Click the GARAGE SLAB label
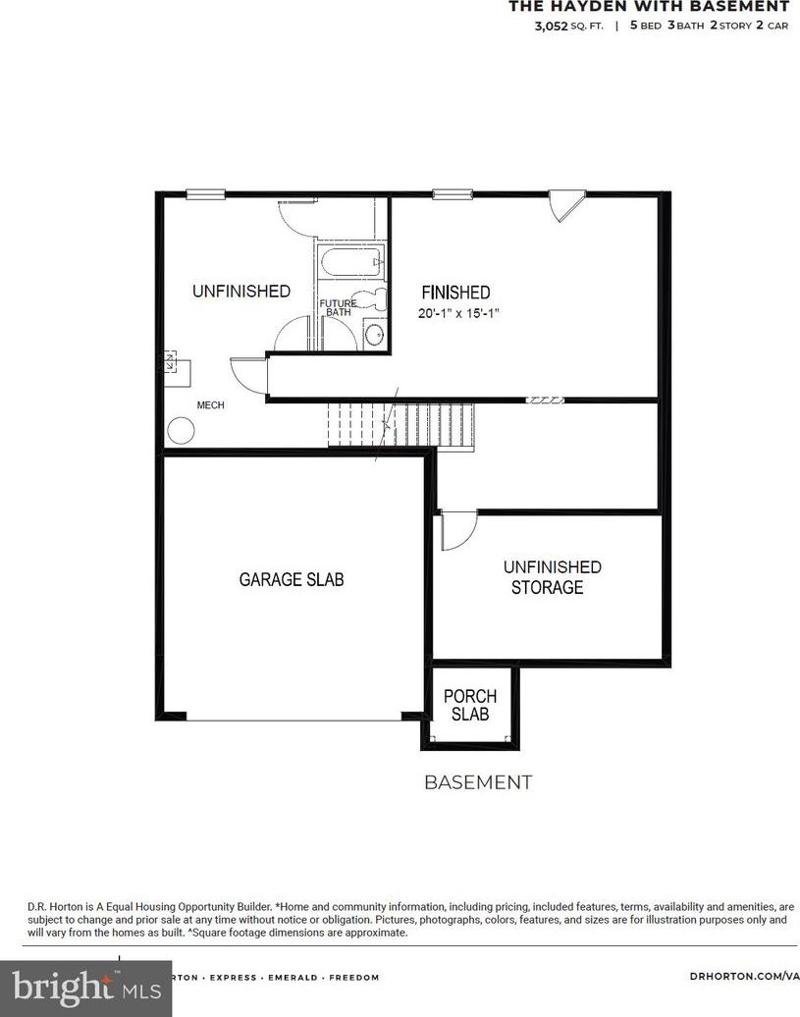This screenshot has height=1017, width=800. (x=292, y=579)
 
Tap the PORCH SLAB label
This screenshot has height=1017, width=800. (x=470, y=705)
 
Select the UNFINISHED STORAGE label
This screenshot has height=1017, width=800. (x=553, y=576)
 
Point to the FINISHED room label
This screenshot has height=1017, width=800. (x=455, y=292)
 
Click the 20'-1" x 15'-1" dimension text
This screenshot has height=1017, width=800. (x=458, y=313)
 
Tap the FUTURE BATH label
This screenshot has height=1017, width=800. (x=338, y=307)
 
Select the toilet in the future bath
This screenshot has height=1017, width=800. (x=371, y=299)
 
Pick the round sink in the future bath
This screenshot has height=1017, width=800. (x=374, y=334)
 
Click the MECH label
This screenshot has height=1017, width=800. (x=211, y=404)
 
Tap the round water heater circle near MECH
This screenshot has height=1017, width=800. (x=181, y=431)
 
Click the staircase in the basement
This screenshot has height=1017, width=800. (x=400, y=425)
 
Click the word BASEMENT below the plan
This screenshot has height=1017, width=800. (x=478, y=782)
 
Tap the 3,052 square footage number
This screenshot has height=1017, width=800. (x=551, y=26)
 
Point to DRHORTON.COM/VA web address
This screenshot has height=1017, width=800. (x=744, y=977)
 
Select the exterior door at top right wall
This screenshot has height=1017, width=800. (x=566, y=205)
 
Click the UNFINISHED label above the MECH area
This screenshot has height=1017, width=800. (x=241, y=292)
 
